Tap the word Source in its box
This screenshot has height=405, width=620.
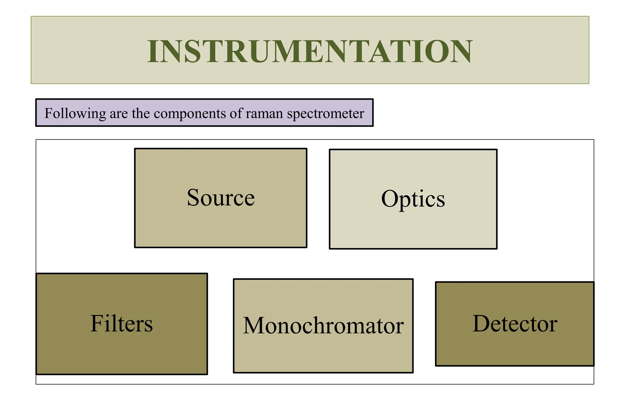221,198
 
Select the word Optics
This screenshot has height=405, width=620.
413,199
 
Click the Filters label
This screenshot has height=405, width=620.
121,323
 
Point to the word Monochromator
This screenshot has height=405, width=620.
323,326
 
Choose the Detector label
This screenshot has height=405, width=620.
515,324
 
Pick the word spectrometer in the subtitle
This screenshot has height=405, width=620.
325,114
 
